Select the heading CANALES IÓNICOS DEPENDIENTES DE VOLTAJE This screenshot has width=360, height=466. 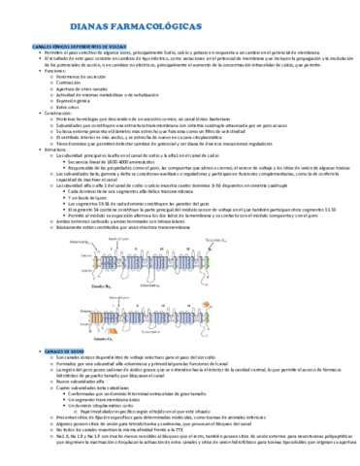click(x=77, y=47)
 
